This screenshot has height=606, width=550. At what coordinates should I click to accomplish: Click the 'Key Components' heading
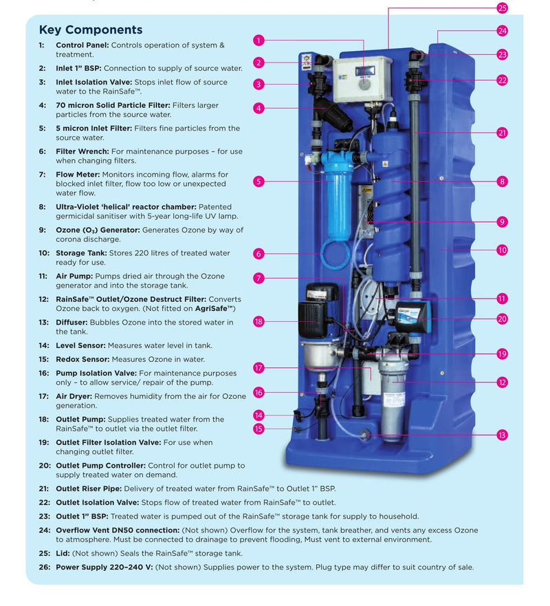(x=90, y=30)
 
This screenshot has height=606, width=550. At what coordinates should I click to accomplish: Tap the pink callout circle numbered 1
(x=258, y=41)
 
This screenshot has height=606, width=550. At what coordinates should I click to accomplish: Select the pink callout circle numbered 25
(x=502, y=8)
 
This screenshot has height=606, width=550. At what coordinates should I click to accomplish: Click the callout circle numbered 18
(x=258, y=321)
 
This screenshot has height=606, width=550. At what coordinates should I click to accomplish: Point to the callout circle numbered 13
(x=502, y=435)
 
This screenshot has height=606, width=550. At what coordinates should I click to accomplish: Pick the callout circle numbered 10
(x=502, y=250)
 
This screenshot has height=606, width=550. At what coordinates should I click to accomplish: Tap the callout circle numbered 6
(x=258, y=254)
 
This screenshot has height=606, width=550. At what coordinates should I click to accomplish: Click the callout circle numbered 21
(x=502, y=133)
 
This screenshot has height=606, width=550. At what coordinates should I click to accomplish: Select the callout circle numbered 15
(x=258, y=429)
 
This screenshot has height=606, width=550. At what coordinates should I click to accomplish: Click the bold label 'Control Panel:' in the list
(x=82, y=45)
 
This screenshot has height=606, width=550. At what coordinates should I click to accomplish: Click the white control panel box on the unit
(x=362, y=78)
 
